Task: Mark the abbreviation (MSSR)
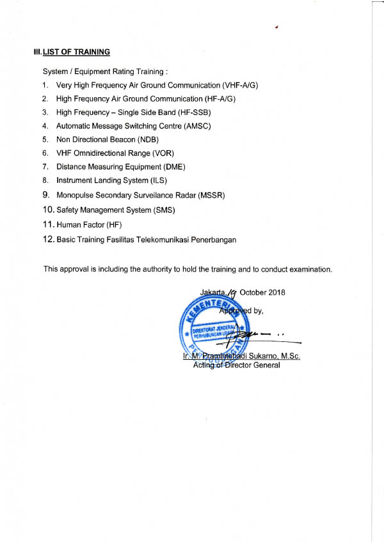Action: [x=212, y=194]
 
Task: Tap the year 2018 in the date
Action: [x=276, y=293]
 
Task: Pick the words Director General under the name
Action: [x=254, y=365]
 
